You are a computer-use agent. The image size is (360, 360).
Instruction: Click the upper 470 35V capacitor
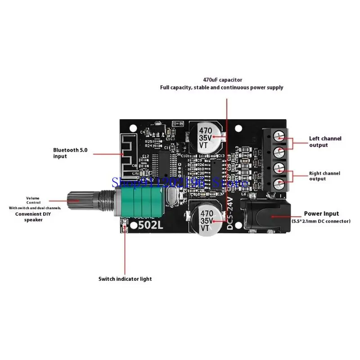(206, 136)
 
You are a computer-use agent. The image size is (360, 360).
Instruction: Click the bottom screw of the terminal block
(280, 184)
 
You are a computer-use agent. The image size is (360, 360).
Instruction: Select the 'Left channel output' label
(325, 142)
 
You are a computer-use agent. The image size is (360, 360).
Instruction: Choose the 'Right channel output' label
(324, 176)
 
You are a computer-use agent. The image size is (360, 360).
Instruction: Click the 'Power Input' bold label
(321, 214)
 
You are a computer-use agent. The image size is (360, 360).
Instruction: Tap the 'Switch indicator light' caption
(125, 279)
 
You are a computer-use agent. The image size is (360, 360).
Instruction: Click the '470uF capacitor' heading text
(222, 80)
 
